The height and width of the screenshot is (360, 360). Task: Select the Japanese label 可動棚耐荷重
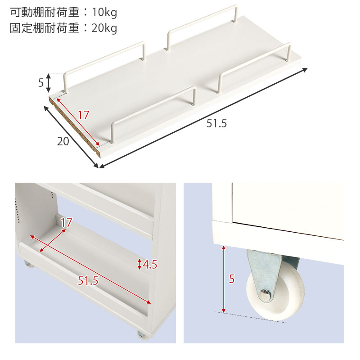(x=43, y=13)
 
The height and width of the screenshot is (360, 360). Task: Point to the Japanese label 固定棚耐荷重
(x=43, y=28)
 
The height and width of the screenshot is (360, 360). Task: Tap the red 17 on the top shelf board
(x=83, y=115)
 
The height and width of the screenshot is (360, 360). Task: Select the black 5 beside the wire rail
(x=41, y=83)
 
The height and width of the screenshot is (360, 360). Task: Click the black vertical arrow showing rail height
(x=49, y=83)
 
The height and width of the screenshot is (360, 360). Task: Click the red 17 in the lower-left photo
(x=66, y=223)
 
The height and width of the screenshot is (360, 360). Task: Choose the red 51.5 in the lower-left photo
(x=88, y=281)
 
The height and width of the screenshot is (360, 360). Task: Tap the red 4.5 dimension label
(x=149, y=265)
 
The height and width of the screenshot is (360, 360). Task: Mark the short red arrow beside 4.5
(x=139, y=264)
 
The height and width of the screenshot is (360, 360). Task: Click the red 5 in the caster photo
(x=232, y=279)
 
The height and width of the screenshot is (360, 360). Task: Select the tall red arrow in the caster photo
(x=224, y=279)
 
